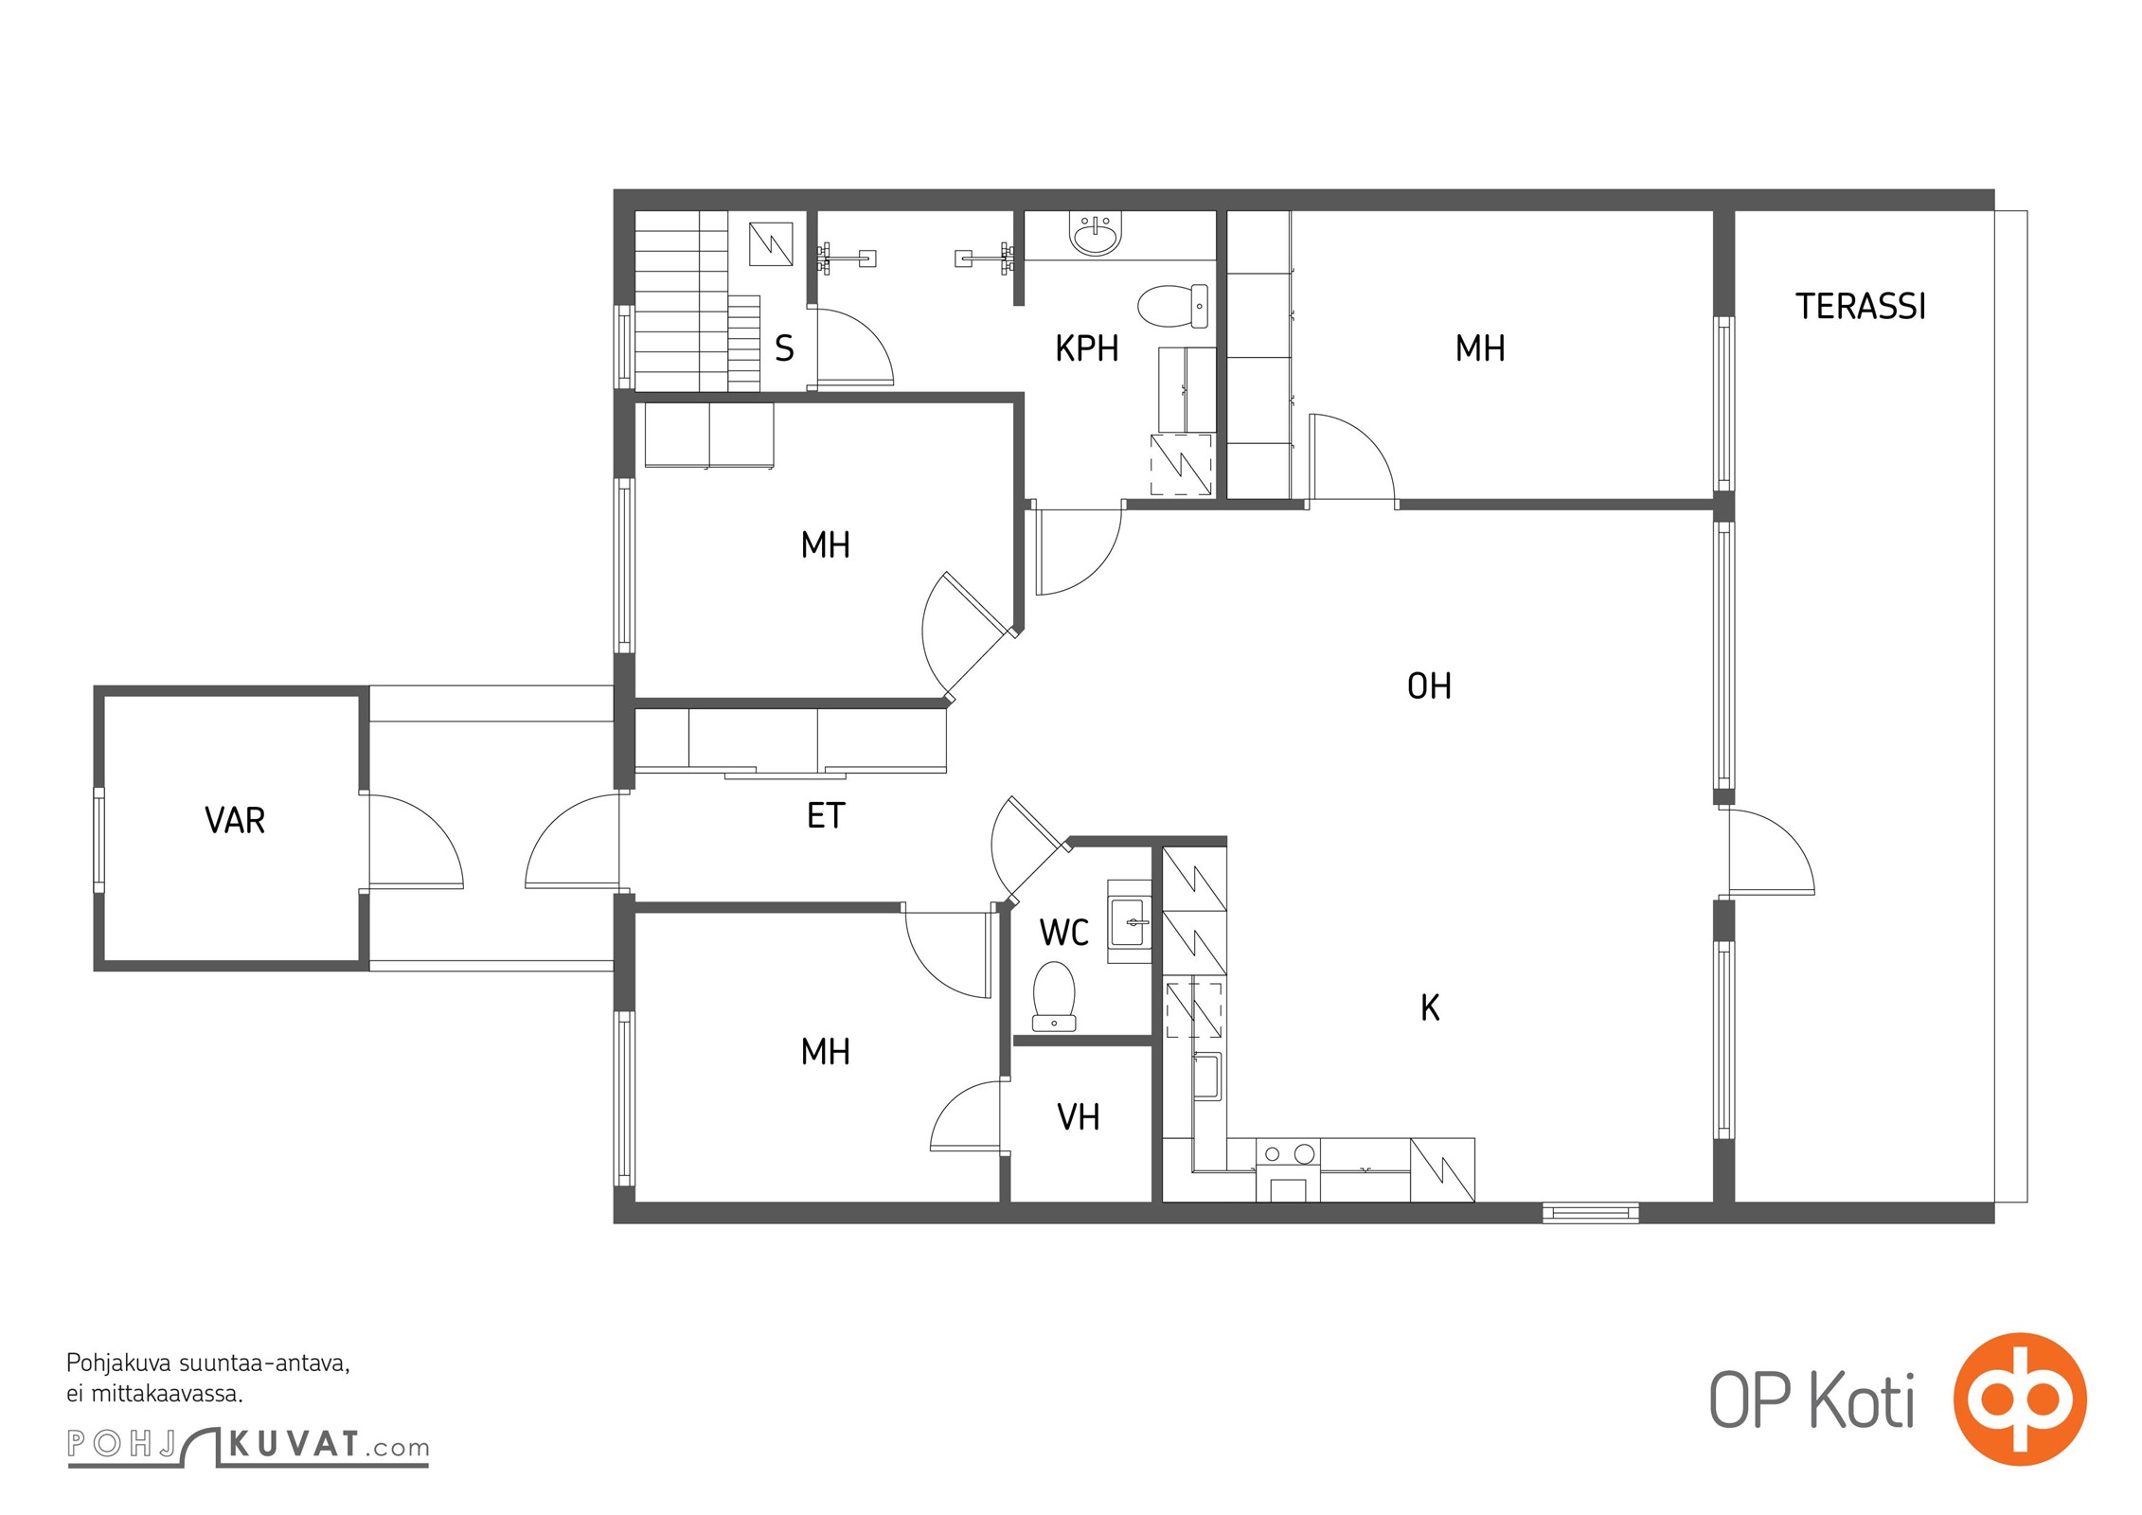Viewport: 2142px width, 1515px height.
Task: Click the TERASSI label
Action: [x=1861, y=307]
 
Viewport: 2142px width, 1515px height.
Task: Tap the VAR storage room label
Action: [x=235, y=820]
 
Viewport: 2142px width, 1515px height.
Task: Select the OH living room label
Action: [x=1429, y=686]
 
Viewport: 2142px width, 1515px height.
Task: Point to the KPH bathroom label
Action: [x=1087, y=348]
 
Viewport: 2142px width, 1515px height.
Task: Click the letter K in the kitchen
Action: [x=1430, y=1007]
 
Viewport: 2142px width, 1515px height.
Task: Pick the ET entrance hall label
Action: [x=825, y=815]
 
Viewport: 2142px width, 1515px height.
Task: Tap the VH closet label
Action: [x=1078, y=1117]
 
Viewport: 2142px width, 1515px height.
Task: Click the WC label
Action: [x=1064, y=933]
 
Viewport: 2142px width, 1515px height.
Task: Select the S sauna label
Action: [x=784, y=348]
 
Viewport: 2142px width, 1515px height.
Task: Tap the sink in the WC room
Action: [x=1130, y=921]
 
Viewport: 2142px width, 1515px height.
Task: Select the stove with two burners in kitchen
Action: [x=1288, y=1170]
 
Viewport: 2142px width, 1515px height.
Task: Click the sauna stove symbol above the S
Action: [x=771, y=244]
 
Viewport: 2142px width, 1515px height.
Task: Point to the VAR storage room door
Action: [x=415, y=841]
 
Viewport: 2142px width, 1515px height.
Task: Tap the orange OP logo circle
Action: [x=2020, y=1399]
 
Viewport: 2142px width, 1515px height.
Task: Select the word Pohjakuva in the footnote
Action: [x=119, y=1364]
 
